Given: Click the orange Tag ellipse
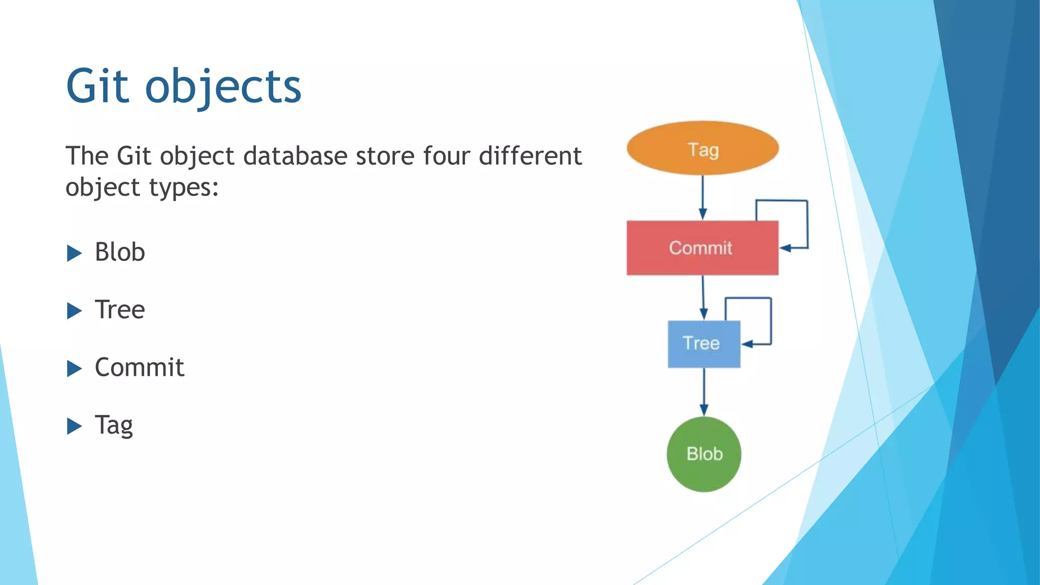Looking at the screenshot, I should (x=702, y=148).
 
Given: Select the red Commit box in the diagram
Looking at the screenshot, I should (x=702, y=248).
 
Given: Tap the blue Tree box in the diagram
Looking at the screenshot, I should (x=703, y=344).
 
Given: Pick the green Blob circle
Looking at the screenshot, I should (x=704, y=454).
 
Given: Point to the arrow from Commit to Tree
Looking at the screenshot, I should (x=703, y=298).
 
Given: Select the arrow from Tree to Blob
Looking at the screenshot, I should (x=704, y=391).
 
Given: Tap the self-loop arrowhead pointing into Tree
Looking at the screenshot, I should (x=747, y=344).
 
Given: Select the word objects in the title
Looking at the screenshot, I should (x=223, y=87).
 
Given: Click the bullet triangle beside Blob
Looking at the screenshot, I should (x=74, y=253).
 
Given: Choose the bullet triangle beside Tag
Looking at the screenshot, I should (x=74, y=426).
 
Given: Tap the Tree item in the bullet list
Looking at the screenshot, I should (x=120, y=310).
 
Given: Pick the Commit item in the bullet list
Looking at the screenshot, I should (x=139, y=367).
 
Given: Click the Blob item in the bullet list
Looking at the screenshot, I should (x=120, y=252).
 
